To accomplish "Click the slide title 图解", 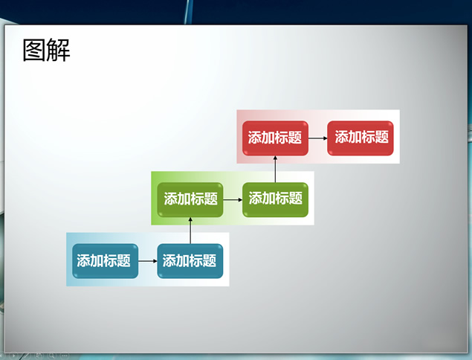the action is click(46, 51).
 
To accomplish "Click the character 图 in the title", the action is click(34, 51).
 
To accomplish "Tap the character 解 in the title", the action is click(59, 51).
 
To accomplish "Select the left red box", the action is click(275, 138).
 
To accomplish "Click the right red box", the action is click(361, 138).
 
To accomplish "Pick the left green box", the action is click(190, 200).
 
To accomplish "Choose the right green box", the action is click(275, 200).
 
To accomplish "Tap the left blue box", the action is click(105, 261).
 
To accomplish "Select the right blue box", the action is click(190, 261).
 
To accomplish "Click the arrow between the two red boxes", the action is click(318, 138).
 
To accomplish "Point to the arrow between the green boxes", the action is click(233, 200).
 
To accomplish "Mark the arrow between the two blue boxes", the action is click(148, 261).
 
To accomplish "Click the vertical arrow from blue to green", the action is click(190, 231).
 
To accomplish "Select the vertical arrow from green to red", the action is click(275, 169).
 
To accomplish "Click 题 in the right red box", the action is click(382, 137).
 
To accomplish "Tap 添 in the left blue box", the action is click(83, 260).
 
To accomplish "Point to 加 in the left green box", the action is click(184, 199).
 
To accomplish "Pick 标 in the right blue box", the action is click(196, 260).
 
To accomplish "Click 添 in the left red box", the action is click(255, 138).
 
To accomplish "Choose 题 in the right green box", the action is click(296, 199).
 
